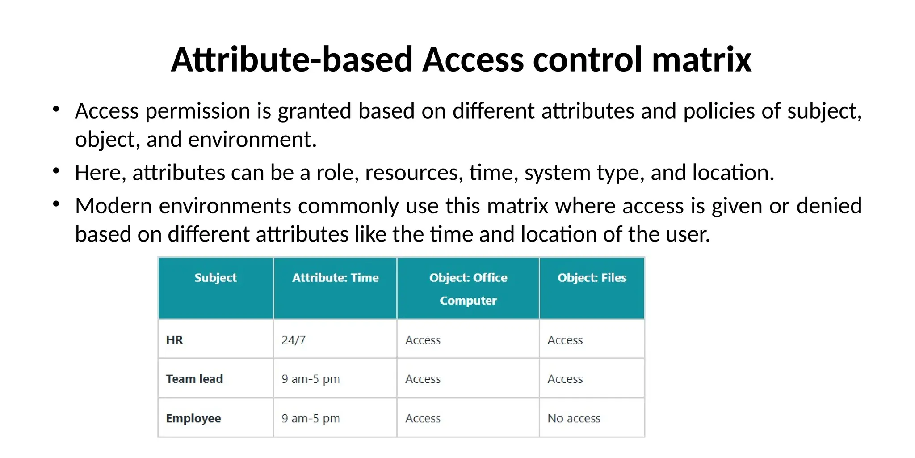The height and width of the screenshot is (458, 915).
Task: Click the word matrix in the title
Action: point(701,59)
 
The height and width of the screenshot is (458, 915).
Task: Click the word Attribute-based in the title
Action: point(292,59)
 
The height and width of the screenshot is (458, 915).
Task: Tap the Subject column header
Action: point(215,278)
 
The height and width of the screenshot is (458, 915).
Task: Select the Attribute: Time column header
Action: point(335,278)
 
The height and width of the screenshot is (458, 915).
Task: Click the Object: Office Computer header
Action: point(468,288)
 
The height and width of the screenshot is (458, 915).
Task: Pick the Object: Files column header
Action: point(592,278)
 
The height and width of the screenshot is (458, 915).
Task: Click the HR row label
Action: point(175,340)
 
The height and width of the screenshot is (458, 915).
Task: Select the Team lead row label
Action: point(194,379)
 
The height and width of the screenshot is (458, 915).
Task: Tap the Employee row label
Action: point(193,418)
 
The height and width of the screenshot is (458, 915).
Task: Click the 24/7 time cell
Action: point(294,340)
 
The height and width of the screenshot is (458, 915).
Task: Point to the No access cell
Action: point(574,418)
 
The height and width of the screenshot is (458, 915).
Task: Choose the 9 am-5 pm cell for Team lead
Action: point(311,379)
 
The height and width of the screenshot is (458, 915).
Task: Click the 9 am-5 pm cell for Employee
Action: point(311,418)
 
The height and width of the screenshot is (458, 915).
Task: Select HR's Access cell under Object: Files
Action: point(565,340)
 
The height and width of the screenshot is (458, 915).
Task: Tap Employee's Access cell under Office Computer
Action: point(423,418)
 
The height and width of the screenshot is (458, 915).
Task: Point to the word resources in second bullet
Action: point(414,173)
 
